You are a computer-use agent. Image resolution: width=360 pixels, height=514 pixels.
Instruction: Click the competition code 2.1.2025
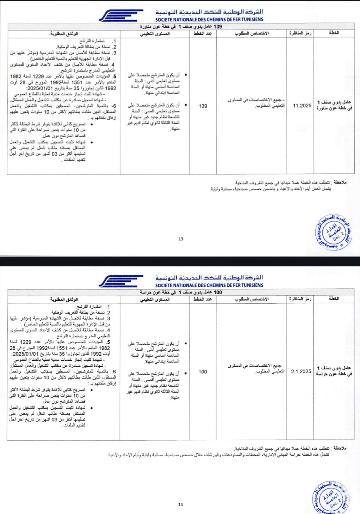click(x=301, y=371)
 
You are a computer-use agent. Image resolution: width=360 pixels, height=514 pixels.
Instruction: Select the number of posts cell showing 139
click(x=203, y=106)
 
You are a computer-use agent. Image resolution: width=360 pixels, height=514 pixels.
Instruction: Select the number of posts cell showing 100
click(x=203, y=372)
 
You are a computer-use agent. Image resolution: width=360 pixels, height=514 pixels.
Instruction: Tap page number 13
click(x=181, y=239)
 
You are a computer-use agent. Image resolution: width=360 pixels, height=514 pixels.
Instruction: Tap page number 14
click(x=181, y=505)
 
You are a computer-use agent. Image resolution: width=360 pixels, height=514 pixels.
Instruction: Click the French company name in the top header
click(x=209, y=19)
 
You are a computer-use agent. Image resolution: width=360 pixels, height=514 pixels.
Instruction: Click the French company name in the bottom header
click(x=209, y=285)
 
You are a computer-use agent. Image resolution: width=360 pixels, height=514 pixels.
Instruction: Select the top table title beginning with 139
click(x=181, y=27)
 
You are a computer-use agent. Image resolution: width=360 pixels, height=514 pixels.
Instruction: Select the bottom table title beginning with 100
click(x=181, y=292)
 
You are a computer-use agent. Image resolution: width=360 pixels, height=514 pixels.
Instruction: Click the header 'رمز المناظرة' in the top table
click(x=300, y=33)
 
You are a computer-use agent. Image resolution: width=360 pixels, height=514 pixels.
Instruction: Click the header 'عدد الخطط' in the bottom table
click(x=203, y=299)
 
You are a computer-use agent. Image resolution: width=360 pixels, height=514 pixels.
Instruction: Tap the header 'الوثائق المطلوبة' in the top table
click(x=64, y=34)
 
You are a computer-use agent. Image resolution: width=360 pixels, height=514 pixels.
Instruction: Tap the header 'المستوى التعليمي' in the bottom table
click(x=155, y=299)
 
